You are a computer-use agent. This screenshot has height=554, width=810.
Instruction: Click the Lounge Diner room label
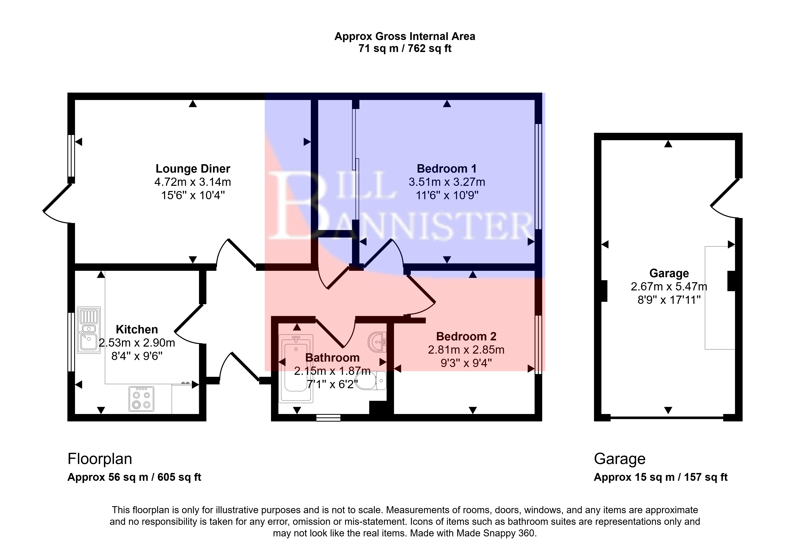(193, 169)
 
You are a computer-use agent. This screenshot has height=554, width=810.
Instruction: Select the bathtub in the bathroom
(296, 369)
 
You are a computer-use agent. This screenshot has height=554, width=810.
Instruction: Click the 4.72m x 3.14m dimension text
(193, 182)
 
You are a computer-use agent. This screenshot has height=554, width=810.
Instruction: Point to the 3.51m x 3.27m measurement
(447, 182)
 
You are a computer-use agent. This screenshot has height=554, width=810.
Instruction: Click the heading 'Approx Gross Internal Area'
(405, 36)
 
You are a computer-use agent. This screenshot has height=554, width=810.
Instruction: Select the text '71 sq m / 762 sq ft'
(405, 48)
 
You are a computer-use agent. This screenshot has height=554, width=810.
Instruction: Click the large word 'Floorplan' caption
(100, 459)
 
